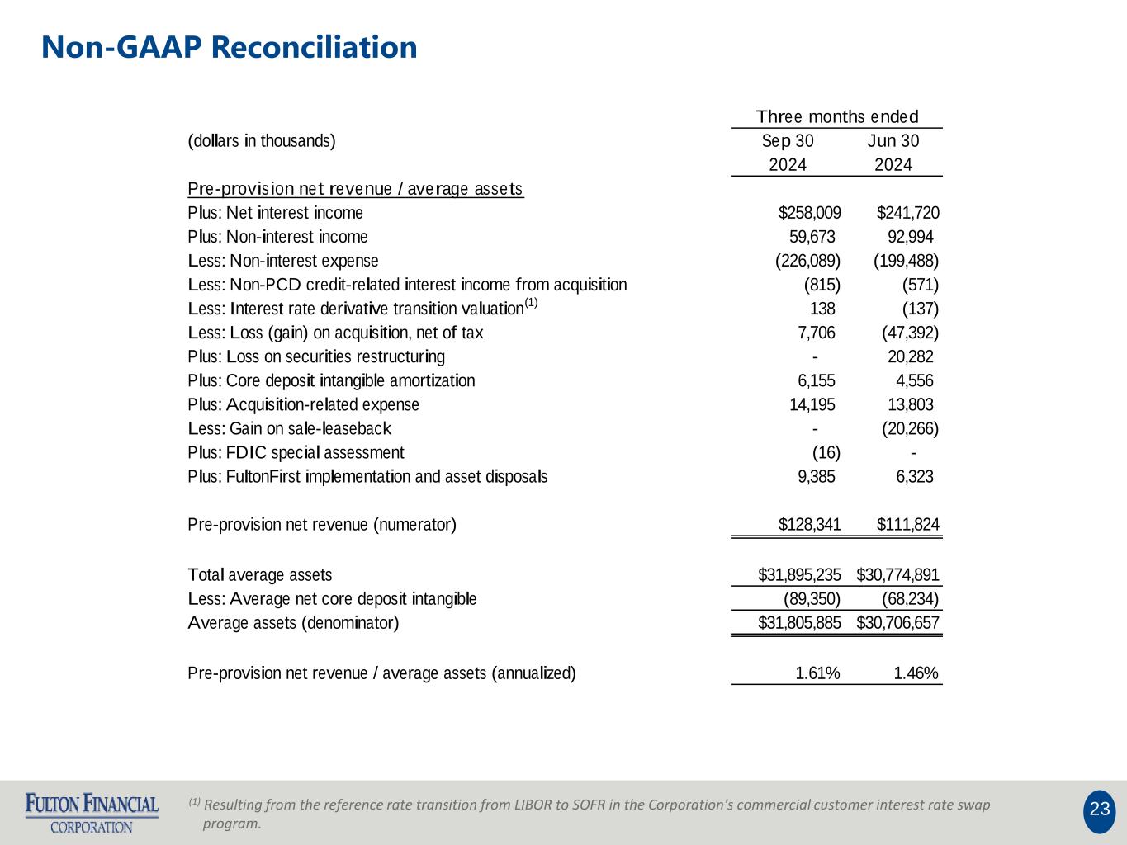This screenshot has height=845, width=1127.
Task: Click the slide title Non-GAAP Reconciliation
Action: (229, 47)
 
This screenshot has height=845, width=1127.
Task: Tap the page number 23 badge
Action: (1099, 810)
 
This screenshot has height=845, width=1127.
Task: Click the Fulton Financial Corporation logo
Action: (92, 813)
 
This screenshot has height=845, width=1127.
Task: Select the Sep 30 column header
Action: (787, 141)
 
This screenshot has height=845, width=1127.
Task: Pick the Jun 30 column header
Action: (893, 141)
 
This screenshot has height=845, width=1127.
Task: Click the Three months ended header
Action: (836, 117)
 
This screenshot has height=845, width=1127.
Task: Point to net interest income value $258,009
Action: (809, 213)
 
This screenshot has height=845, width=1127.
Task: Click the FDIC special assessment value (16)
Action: (826, 452)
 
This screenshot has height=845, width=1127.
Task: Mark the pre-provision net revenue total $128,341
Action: (809, 525)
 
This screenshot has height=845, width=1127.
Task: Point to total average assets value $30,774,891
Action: (897, 575)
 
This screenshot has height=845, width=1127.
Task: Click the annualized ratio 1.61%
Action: (817, 673)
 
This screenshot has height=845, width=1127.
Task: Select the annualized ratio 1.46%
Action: (916, 673)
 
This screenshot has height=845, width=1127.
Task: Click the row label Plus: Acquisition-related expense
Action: (303, 404)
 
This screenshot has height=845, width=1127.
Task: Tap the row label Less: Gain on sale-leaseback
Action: (289, 428)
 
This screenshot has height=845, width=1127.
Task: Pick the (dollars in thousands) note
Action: (262, 141)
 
